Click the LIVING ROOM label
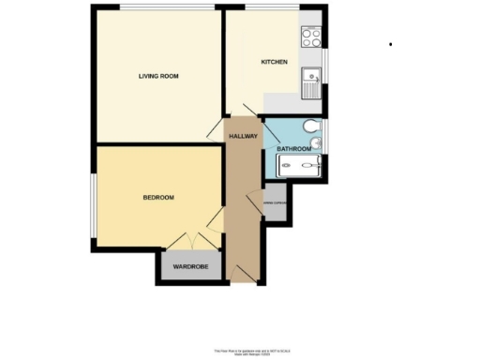coord(158,76)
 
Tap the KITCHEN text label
coord(274,63)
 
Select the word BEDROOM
coord(158,198)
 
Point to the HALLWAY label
coord(244,137)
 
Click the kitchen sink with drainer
coord(311,82)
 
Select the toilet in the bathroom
coord(310,127)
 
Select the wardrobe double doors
coord(190,241)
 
